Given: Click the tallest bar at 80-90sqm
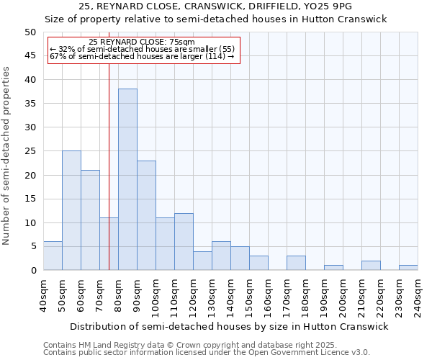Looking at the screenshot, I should click(x=127, y=179).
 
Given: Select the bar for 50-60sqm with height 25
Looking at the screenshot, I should click(x=71, y=210).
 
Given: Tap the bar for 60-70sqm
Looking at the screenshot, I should click(x=90, y=220).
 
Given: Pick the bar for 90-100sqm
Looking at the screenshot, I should click(x=146, y=215).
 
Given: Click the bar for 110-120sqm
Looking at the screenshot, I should click(x=184, y=241).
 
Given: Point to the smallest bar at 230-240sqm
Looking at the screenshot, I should click(x=408, y=268).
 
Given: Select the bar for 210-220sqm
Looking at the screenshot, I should click(x=371, y=265).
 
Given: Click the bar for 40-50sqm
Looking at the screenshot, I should click(x=53, y=256).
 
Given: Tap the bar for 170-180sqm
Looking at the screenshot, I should click(x=296, y=263).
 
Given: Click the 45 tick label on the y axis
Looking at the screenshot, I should click(x=30, y=56).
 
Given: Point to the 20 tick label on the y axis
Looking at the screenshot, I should click(x=30, y=175).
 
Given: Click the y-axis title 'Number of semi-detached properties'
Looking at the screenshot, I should click(x=6, y=156).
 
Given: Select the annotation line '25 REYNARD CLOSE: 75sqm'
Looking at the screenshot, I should click(x=142, y=42).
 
